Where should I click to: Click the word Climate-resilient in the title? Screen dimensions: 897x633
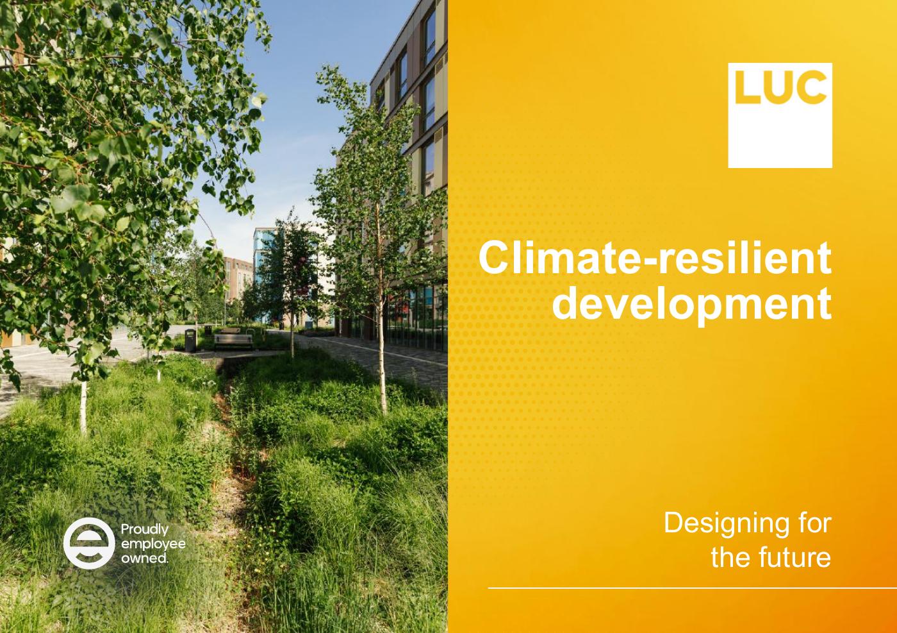[x=655, y=258]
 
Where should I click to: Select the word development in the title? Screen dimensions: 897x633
[x=691, y=303]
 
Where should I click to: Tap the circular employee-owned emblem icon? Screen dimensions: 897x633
[x=89, y=544]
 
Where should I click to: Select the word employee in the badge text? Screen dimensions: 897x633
[x=153, y=544]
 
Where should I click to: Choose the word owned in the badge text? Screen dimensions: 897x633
[x=144, y=558]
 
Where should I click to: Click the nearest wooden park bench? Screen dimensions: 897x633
[x=233, y=342]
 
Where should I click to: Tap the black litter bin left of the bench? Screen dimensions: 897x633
[x=190, y=341]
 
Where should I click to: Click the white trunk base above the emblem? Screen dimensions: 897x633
[x=83, y=407]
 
